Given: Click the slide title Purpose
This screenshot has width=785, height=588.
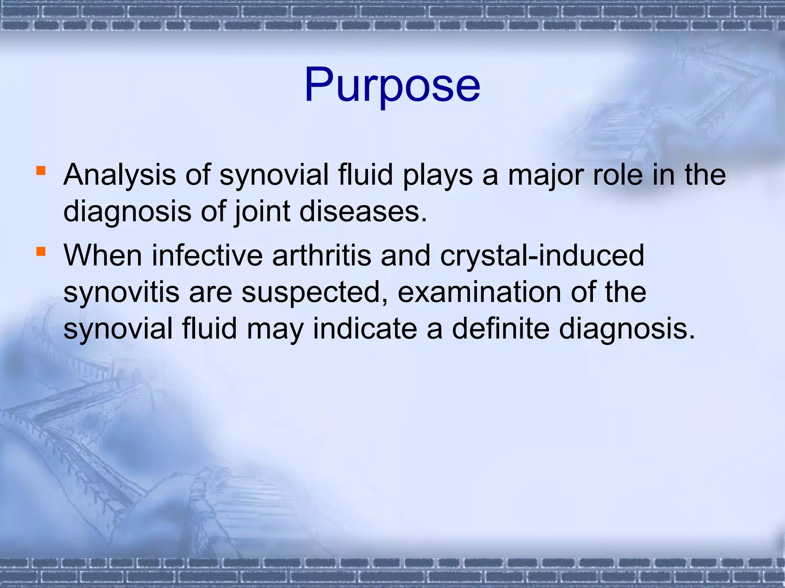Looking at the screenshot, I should (392, 85).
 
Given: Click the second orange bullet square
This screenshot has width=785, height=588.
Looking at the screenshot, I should (41, 251).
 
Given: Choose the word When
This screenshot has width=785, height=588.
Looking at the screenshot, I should (103, 256).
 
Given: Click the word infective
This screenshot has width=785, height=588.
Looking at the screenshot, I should (207, 256).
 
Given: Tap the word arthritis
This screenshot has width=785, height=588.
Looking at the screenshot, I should (322, 256).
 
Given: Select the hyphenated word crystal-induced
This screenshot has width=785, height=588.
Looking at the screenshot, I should (542, 256).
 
